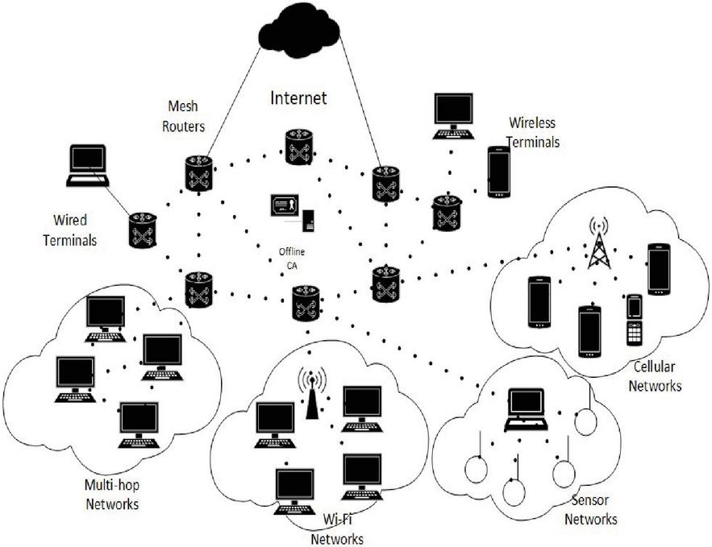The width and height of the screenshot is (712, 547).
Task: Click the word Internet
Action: coord(298,98)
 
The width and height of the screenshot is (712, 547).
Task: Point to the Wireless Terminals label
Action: coord(533,133)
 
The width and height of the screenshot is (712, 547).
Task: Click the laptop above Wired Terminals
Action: coord(88,166)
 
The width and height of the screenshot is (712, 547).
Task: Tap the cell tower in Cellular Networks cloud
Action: coord(598,242)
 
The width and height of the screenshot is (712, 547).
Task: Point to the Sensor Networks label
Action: coord(590,511)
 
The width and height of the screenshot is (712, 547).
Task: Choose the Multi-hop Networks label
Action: coord(111,495)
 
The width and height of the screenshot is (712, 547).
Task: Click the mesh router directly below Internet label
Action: coord(298,147)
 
